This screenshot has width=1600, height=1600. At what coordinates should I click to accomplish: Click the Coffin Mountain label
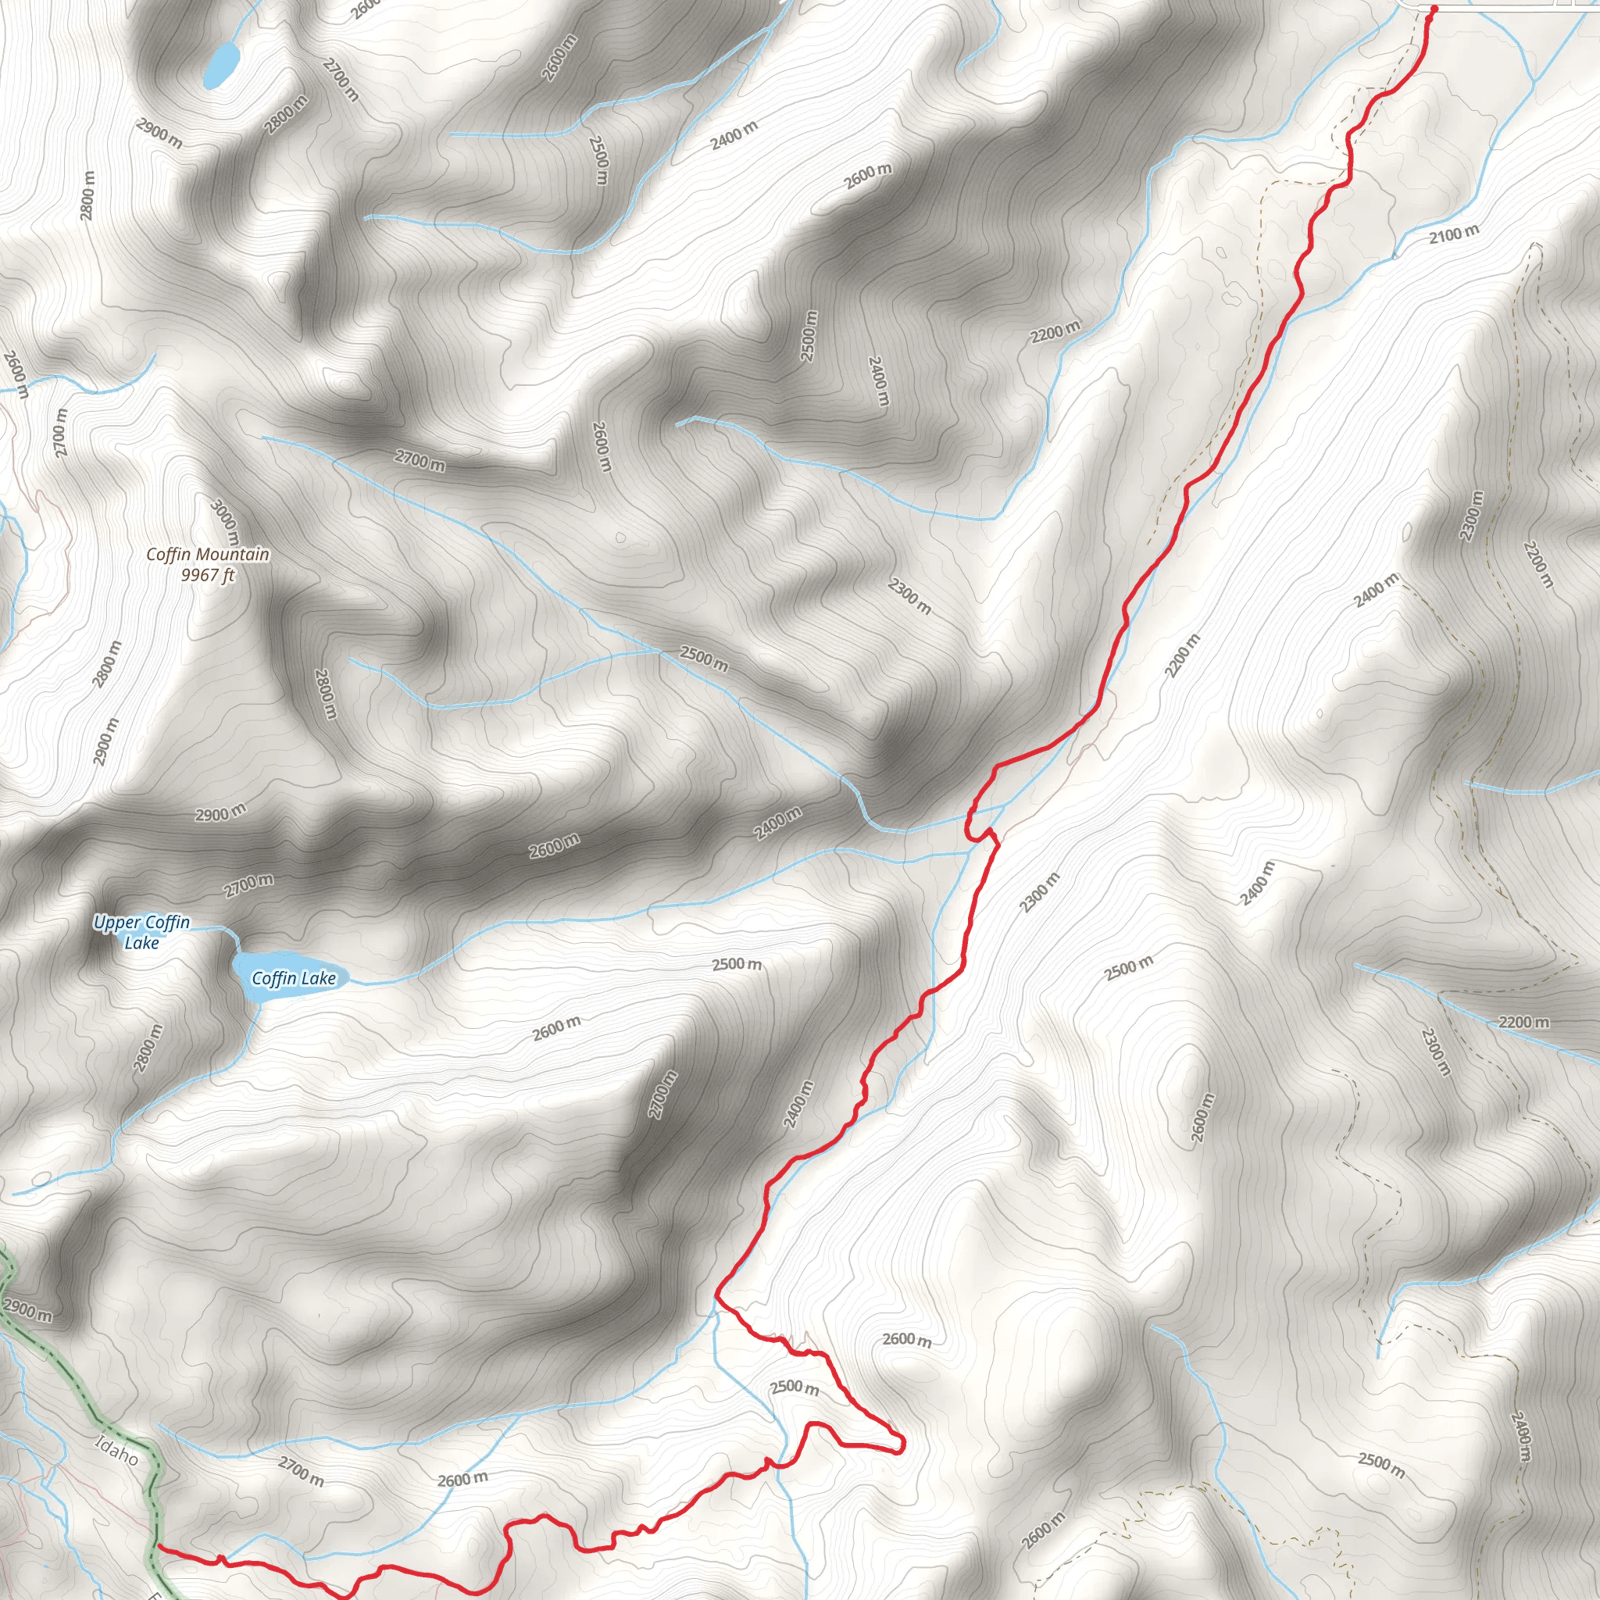click(208, 554)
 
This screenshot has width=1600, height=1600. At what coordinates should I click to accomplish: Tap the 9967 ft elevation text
click(208, 575)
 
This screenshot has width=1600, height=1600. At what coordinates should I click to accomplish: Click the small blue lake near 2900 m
click(222, 65)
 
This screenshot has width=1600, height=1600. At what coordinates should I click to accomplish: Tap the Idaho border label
click(116, 1450)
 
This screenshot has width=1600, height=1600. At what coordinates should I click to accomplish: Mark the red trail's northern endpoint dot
click(1434, 9)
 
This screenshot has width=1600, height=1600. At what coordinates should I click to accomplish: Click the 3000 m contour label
click(225, 523)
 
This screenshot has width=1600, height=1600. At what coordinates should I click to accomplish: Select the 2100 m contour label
click(1453, 234)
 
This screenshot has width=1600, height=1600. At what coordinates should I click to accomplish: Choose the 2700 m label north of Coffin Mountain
click(420, 459)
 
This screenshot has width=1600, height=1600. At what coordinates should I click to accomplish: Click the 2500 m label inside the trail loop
click(795, 1387)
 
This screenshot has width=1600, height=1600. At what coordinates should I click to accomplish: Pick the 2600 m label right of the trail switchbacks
click(907, 1339)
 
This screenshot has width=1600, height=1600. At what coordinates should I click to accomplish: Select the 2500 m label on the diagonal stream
click(704, 659)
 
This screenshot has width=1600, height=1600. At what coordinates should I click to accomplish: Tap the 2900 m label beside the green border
click(27, 1309)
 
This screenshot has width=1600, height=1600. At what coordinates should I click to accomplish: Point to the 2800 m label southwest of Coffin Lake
click(148, 1048)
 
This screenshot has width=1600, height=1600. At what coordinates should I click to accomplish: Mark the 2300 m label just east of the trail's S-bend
click(1039, 893)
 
